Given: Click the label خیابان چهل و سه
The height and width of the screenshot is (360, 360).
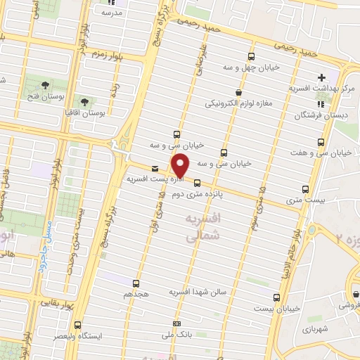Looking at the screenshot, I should point(251,67).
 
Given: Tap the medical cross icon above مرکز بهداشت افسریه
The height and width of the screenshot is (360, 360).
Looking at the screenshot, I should point(321,77).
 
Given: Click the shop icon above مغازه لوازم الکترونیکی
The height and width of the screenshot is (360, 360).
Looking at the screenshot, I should point(238,92).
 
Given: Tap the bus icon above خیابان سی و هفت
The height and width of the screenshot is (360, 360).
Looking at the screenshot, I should point(321,142).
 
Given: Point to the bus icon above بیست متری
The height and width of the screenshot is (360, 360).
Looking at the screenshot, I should point(305,189).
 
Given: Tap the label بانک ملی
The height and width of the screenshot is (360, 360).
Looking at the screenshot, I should point(177,335).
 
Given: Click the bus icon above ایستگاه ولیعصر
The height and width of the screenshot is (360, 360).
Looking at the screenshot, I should point(78,326).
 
